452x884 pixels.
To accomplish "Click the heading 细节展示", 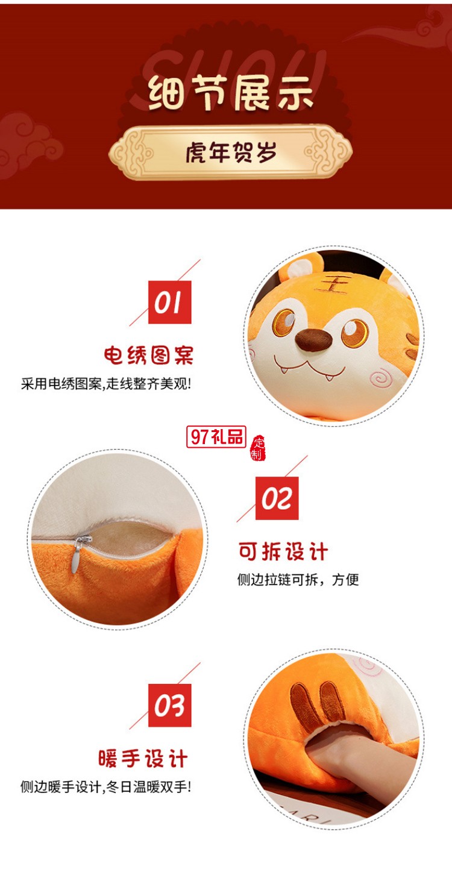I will tap(231, 95).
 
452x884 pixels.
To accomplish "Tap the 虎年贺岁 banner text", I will tap(231, 153).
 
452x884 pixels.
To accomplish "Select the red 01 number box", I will tap(169, 303).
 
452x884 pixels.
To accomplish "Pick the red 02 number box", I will tap(277, 498).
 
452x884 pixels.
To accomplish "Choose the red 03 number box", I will tap(169, 705).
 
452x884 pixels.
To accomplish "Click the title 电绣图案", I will tap(149, 355).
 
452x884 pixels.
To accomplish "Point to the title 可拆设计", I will tap(283, 551).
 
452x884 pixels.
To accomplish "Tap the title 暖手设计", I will tap(143, 758).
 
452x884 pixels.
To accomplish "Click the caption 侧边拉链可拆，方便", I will tap(298, 580).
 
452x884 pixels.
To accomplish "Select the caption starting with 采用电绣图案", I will tap(105, 383).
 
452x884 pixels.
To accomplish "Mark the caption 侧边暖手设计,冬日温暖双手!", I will tap(105, 786).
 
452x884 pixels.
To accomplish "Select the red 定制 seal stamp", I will tap(257, 447).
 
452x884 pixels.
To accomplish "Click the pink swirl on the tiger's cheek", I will tap(381, 379).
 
